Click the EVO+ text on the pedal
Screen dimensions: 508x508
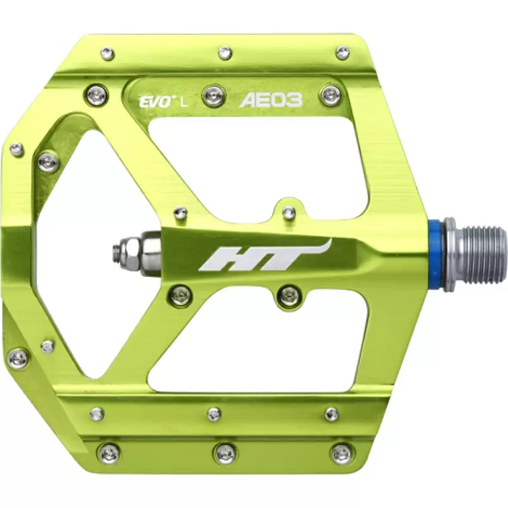click(155, 102)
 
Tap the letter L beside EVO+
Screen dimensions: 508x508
click(184, 103)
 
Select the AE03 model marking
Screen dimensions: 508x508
click(271, 100)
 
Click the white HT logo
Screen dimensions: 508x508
click(265, 255)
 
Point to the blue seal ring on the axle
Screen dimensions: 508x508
click(435, 256)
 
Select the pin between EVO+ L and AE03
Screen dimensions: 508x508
click(214, 95)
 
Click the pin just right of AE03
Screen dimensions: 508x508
click(331, 93)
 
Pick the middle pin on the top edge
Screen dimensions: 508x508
click(225, 53)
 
